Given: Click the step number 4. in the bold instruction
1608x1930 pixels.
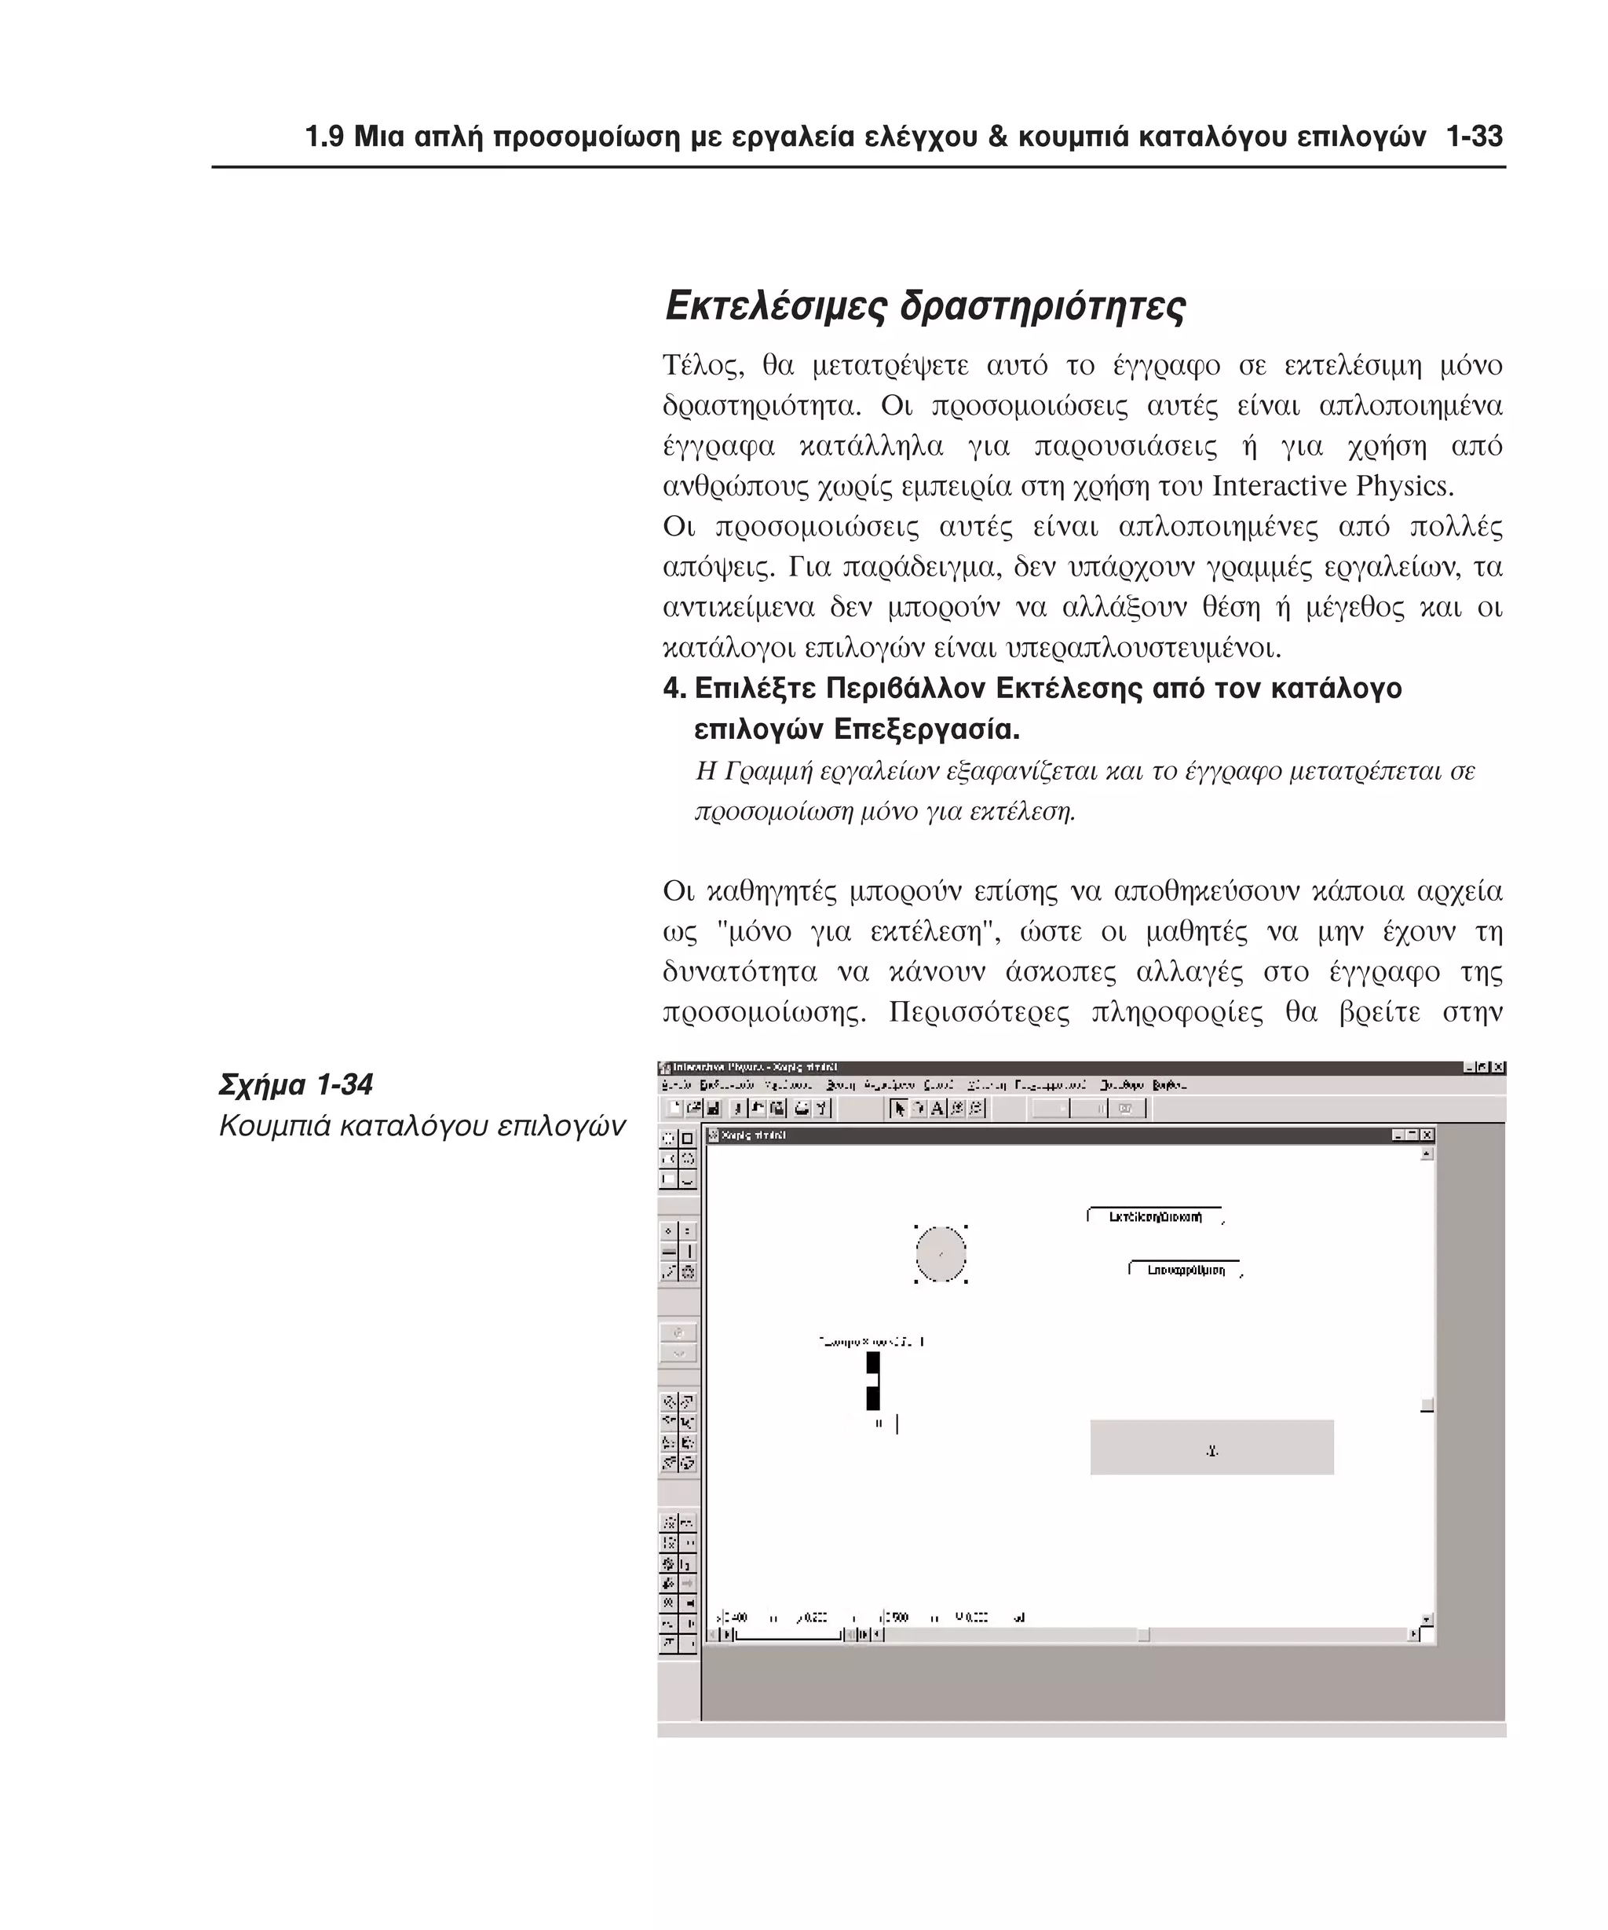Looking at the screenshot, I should tap(674, 689).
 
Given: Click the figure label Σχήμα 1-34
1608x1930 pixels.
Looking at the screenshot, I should tap(296, 1085).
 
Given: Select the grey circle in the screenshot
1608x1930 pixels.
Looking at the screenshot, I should tap(940, 1254).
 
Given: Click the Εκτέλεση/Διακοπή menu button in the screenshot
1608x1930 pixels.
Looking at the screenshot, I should tap(1154, 1217).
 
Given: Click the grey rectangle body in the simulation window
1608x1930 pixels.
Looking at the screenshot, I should tap(1210, 1448).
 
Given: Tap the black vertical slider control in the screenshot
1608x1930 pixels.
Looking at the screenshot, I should tap(873, 1380).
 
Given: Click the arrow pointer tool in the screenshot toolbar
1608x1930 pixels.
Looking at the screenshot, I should tap(900, 1109).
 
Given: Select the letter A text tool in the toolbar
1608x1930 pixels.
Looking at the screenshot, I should tap(937, 1109).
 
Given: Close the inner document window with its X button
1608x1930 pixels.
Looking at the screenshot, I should tap(1427, 1135).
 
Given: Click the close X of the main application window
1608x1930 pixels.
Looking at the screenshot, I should tap(1498, 1067).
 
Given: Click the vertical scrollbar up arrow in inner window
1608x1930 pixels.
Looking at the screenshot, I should tap(1427, 1154).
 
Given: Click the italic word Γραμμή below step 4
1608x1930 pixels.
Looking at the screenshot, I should tap(756, 771).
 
